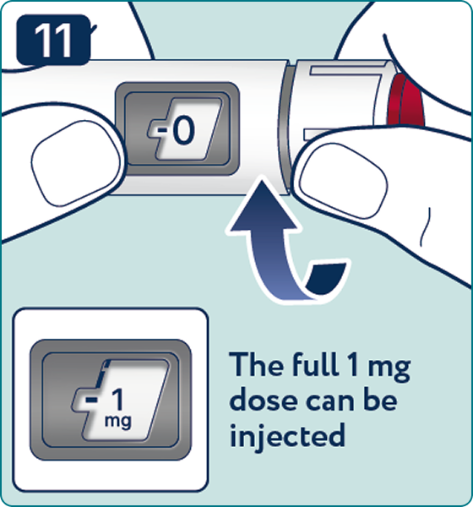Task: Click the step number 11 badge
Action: [x=53, y=40]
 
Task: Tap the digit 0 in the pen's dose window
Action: [x=183, y=130]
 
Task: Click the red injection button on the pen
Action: [x=406, y=100]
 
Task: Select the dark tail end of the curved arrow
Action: [x=326, y=278]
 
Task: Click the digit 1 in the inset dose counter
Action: [x=117, y=400]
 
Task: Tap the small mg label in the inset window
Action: [x=118, y=422]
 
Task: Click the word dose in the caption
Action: [x=263, y=400]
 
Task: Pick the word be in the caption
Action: [x=380, y=400]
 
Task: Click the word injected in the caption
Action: [x=287, y=435]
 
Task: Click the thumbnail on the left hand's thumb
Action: [x=75, y=163]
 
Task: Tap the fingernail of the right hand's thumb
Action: [x=344, y=181]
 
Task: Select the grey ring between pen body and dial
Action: [x=284, y=128]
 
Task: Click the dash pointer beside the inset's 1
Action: [x=91, y=401]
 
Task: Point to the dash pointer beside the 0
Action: [x=163, y=130]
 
